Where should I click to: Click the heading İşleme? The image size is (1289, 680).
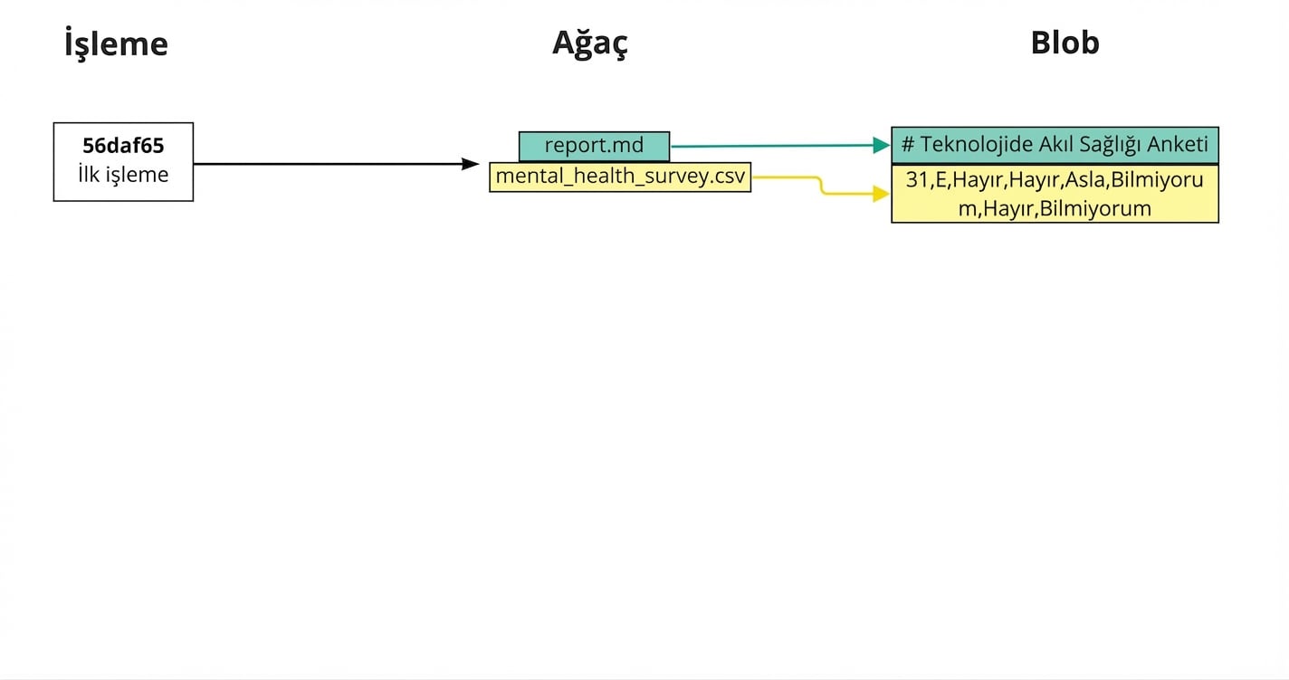(x=116, y=43)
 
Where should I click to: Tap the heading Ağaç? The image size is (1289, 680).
(x=589, y=43)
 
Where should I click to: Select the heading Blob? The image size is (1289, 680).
(x=1065, y=43)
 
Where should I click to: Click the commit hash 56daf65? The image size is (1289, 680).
(x=123, y=146)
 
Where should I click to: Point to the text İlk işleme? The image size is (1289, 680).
(x=123, y=175)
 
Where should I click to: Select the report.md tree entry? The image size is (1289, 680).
(x=594, y=146)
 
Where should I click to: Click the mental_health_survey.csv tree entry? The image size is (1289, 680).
(x=620, y=177)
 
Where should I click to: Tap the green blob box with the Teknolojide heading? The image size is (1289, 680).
(x=1055, y=145)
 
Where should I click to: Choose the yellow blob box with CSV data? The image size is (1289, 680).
(x=1055, y=194)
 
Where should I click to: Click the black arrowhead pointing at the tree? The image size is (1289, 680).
(x=470, y=164)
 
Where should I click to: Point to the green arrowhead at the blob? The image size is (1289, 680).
(x=881, y=145)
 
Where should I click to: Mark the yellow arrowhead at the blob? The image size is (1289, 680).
(x=881, y=193)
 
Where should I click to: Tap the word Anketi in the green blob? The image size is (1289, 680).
(x=1178, y=145)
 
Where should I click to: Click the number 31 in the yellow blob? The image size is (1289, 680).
(x=917, y=180)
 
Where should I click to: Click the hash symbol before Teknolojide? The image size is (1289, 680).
(x=908, y=145)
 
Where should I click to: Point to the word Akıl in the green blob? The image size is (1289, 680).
(x=1048, y=145)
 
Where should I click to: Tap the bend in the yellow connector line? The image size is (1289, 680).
(x=821, y=185)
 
